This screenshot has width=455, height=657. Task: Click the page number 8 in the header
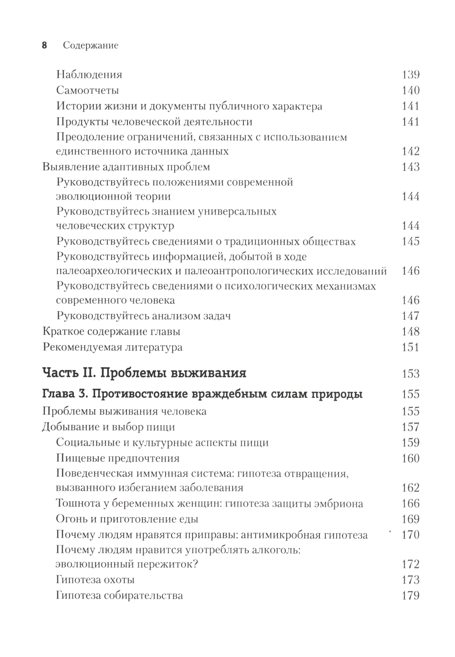click(45, 46)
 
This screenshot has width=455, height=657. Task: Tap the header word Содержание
click(91, 46)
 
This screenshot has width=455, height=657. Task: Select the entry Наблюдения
click(89, 75)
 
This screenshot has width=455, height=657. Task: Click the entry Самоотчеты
click(88, 90)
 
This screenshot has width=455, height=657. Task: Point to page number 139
click(410, 75)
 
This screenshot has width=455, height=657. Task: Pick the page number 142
click(410, 151)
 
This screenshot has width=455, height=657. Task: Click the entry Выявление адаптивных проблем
click(126, 167)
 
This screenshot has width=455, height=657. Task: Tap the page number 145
click(410, 241)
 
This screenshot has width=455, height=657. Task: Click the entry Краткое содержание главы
click(111, 332)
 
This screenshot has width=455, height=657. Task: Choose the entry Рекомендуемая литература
click(112, 347)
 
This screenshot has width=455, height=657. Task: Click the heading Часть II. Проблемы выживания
click(144, 373)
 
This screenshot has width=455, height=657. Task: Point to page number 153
click(410, 374)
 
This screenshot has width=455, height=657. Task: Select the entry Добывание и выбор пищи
click(109, 427)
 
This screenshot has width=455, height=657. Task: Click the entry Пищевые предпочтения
click(118, 458)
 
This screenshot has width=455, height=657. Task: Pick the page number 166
click(410, 504)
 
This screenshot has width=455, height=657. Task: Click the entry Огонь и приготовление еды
click(127, 519)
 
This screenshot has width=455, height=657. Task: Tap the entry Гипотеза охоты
click(96, 580)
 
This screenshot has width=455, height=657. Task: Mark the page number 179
click(410, 596)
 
